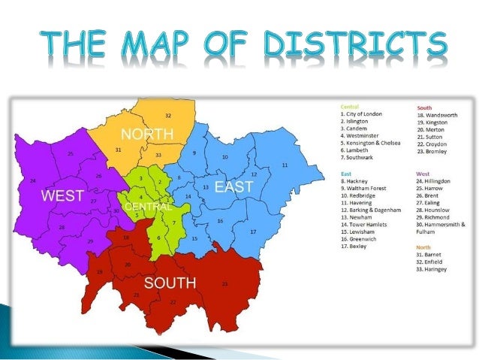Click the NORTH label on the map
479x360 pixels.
tap(147, 135)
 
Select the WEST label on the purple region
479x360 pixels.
tap(62, 196)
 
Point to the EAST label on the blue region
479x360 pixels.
tap(234, 186)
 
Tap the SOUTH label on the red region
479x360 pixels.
tap(170, 283)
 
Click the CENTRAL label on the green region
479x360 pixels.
tap(148, 206)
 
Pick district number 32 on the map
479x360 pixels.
tap(168, 116)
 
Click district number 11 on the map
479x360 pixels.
tap(285, 165)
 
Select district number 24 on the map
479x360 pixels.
tap(33, 181)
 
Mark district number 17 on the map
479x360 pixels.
tap(253, 232)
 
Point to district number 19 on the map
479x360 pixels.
tap(99, 272)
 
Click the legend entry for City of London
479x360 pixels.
tap(362, 114)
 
